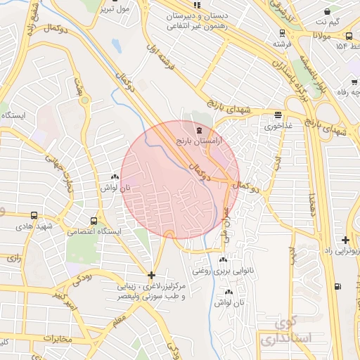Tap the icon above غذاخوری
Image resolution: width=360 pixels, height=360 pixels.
(279, 115)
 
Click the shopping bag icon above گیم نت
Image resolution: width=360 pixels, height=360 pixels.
(326, 11)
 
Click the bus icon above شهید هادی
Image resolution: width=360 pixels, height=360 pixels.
(34, 215)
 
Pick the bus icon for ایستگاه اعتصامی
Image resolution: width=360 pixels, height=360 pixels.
(94, 219)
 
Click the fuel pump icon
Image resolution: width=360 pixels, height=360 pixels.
(339, 285)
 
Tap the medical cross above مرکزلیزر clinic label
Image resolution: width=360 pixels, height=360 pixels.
(151, 275)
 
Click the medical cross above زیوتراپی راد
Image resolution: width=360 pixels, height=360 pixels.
(345, 240)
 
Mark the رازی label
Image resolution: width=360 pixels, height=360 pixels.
(14, 259)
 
